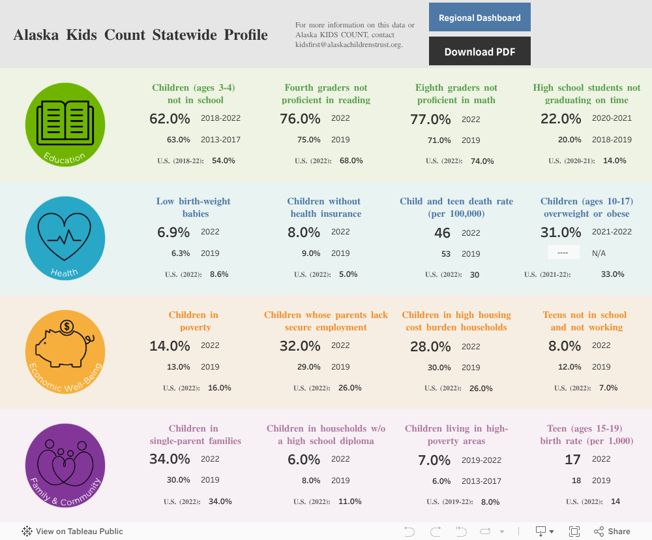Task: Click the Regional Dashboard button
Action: pos(479,18)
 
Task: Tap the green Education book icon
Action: pos(65,124)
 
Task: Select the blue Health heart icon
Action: pos(65,237)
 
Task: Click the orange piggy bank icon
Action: pos(65,351)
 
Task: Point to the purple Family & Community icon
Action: pos(65,464)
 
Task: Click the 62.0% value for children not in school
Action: pos(170,119)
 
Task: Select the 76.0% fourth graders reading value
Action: pos(300,119)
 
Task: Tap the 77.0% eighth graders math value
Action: pos(430,119)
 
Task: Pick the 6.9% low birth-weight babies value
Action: pos(173,232)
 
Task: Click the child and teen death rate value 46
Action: pos(442,233)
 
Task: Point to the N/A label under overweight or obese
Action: pos(598,253)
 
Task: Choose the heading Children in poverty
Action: pos(195,321)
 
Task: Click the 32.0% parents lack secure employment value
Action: pos(300,346)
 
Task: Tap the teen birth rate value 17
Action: pos(572,460)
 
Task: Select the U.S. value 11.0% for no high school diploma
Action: pos(350,501)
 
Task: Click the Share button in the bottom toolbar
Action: pos(612,532)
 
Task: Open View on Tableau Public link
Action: pos(72,532)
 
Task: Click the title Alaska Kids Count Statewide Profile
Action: pos(140,35)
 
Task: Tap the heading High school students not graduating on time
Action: pos(587,93)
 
